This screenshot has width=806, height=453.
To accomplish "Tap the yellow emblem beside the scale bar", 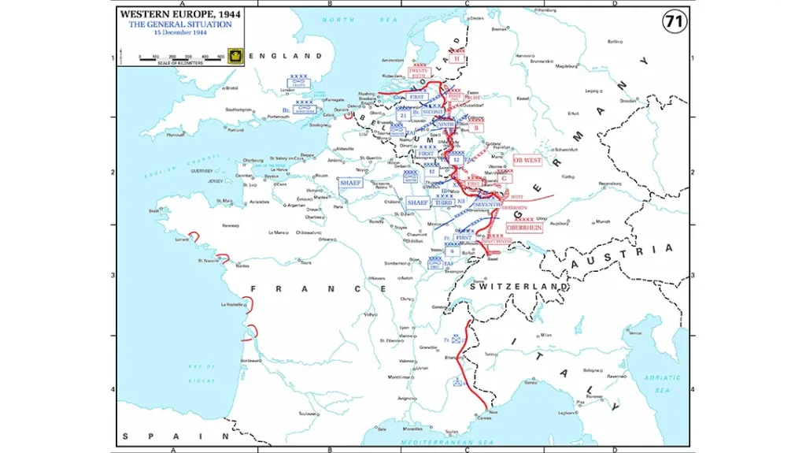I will [x=234, y=55].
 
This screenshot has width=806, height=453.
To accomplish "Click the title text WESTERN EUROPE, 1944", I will [x=180, y=14].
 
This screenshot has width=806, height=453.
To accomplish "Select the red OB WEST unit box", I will [x=527, y=160].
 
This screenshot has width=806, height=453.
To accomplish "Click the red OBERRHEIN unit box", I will [x=523, y=227].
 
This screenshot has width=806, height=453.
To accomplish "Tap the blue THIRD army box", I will [x=443, y=202].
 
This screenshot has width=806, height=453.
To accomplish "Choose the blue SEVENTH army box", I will [x=487, y=204].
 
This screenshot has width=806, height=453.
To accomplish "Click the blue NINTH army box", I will [x=446, y=124].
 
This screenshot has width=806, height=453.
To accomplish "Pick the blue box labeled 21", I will [x=402, y=115].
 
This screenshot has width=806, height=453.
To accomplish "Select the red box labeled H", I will [x=457, y=58].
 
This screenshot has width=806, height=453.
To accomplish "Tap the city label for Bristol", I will [x=231, y=87].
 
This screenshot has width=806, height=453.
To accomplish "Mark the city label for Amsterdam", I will [x=391, y=61].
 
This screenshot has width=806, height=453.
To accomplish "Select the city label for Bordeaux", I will [x=251, y=360].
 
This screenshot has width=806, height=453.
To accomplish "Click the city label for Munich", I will [x=603, y=221].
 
